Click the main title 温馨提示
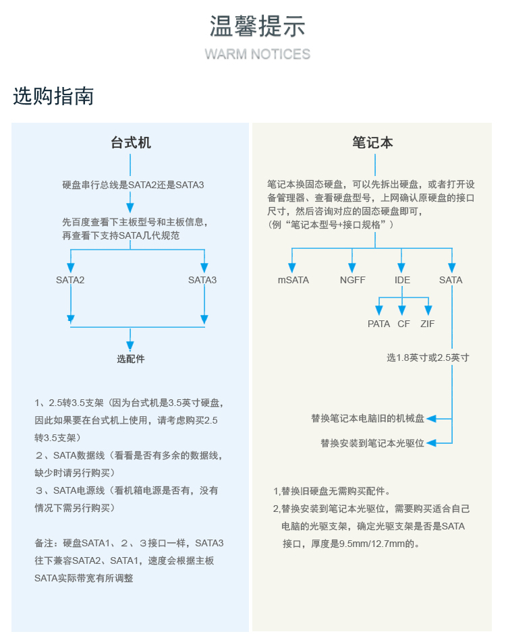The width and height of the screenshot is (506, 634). [x=257, y=26]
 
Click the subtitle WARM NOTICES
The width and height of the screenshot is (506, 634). [x=257, y=54]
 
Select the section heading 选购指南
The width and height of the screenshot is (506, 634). [x=53, y=96]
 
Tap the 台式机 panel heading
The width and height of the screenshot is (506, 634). [x=131, y=142]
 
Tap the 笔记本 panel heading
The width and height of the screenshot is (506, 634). [x=372, y=142]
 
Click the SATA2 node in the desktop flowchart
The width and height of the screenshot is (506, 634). [x=70, y=280]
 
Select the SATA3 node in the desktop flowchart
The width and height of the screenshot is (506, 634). [x=202, y=280]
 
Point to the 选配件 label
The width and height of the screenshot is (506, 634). [x=131, y=359]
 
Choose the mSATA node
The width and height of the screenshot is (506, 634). [x=293, y=280]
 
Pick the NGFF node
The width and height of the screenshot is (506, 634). [x=352, y=280]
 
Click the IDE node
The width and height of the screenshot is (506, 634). [x=402, y=280]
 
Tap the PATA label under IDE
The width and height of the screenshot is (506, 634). [x=378, y=324]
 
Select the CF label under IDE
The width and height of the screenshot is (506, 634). [x=403, y=324]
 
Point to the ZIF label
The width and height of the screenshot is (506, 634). [x=427, y=324]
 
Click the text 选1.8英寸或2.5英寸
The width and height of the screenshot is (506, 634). [x=428, y=357]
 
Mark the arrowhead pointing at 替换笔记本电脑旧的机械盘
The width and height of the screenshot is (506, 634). [x=431, y=418]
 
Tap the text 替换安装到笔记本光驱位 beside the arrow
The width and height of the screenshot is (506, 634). [x=372, y=443]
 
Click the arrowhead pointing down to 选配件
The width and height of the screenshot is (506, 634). [x=130, y=346]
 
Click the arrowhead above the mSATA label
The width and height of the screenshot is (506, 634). [x=292, y=268]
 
